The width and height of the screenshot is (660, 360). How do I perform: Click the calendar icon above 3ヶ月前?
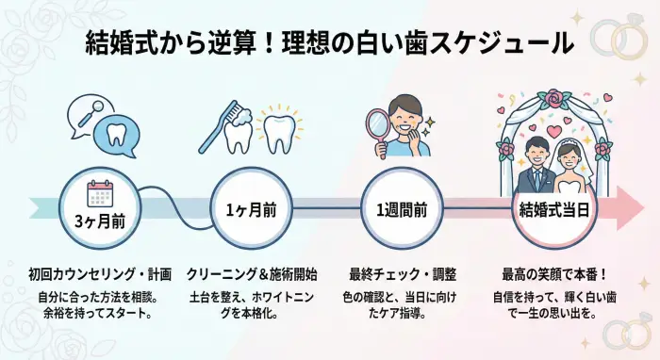(99, 192)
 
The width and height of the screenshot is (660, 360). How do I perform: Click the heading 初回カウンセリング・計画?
(100, 274)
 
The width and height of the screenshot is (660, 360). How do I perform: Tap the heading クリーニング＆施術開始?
(252, 274)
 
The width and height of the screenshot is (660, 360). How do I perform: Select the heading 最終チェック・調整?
(404, 274)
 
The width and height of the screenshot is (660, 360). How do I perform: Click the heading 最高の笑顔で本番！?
(554, 274)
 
